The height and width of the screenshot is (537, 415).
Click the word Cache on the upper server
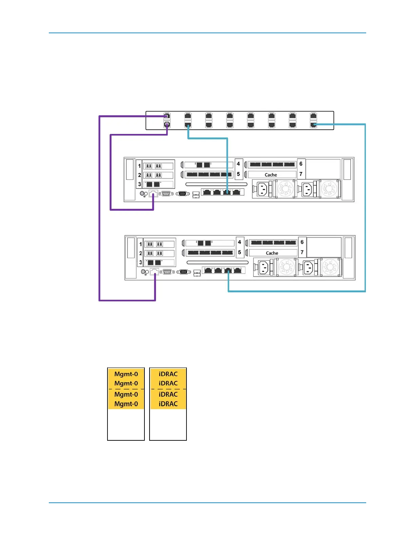pyautogui.click(x=271, y=175)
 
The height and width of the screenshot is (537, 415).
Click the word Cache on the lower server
pyautogui.click(x=272, y=253)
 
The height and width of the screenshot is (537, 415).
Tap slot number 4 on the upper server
pyautogui.click(x=238, y=164)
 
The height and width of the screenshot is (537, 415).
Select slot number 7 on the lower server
pyautogui.click(x=302, y=252)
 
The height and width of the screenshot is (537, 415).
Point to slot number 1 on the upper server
pyautogui.click(x=139, y=166)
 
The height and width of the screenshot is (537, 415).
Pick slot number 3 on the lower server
pyautogui.click(x=141, y=262)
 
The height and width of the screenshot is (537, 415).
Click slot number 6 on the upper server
pyautogui.click(x=301, y=164)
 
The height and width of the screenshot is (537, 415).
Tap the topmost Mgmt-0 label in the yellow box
pyautogui.click(x=126, y=374)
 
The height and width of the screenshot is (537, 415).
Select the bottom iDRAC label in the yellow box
pyautogui.click(x=168, y=404)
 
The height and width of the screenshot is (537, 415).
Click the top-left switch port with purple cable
pyautogui.click(x=166, y=116)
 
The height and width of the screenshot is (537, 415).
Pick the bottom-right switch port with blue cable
pyautogui.click(x=314, y=125)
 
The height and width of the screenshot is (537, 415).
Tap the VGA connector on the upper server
pyautogui.click(x=183, y=194)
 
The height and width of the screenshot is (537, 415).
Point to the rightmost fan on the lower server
pyautogui.click(x=330, y=267)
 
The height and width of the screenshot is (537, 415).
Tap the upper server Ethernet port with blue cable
pyautogui.click(x=227, y=192)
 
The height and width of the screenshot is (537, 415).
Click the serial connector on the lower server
pyautogui.click(x=167, y=272)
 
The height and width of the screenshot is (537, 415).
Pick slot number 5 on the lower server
pyautogui.click(x=240, y=252)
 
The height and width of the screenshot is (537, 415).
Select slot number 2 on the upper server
pyautogui.click(x=139, y=175)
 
